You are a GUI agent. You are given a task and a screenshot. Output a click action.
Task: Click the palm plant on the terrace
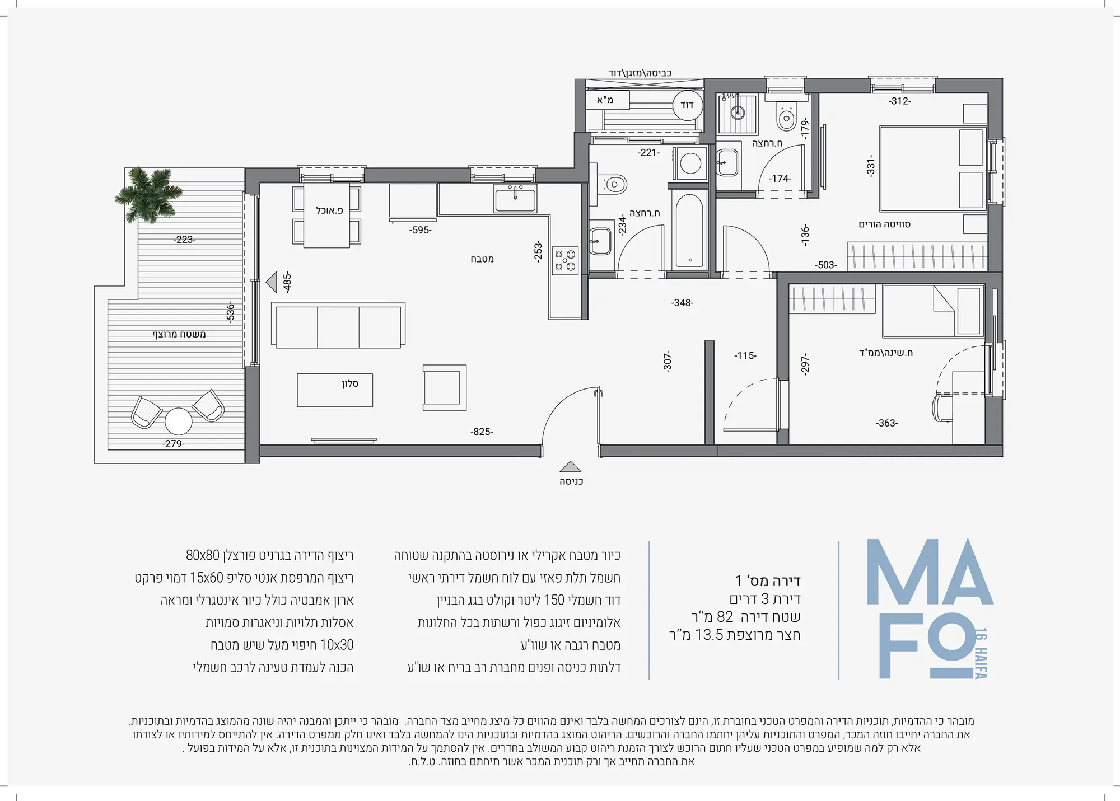pos(149,194)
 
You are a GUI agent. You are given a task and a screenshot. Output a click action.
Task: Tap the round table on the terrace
pos(178,421)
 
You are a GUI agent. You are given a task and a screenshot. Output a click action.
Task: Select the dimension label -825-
pos(482,432)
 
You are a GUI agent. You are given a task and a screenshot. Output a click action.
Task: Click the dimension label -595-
pos(420,230)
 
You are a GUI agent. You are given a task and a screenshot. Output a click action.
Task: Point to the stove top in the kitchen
pos(564,261)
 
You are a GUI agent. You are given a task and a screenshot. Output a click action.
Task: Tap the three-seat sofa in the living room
pos(338,326)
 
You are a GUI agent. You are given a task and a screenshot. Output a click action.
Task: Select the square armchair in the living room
pos(445,388)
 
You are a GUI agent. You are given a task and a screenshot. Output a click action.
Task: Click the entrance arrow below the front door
pos(570,466)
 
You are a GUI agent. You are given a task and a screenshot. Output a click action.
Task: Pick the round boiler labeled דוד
pos(687,105)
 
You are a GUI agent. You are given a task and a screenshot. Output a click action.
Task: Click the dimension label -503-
pos(826,265)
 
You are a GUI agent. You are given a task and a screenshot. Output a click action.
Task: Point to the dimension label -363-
pos(887,423)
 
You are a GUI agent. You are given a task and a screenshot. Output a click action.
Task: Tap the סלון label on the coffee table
pos(350,383)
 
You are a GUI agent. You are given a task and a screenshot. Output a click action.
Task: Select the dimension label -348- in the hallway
pos(682,303)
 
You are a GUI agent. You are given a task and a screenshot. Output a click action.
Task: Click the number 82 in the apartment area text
pos(725,617)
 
